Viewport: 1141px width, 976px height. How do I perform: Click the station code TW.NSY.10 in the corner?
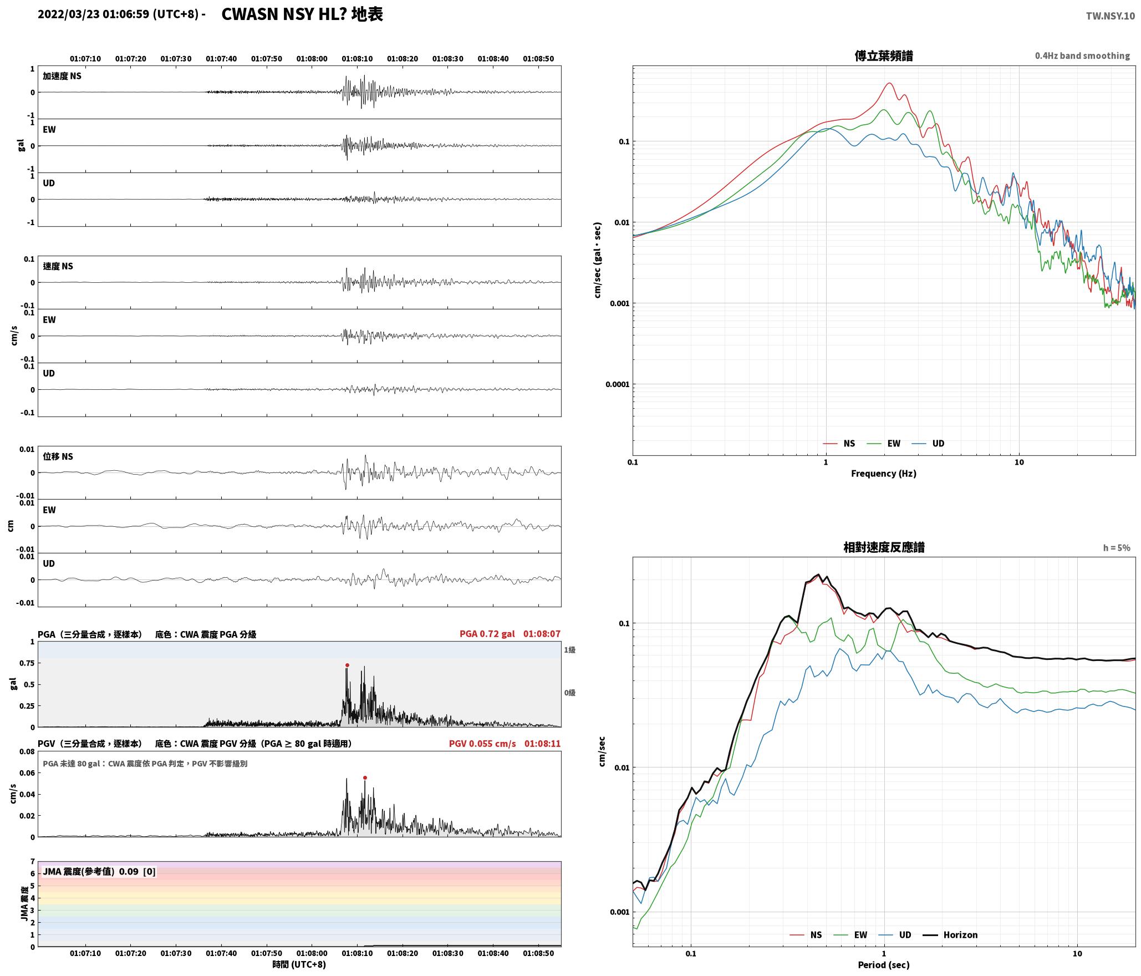pos(1110,16)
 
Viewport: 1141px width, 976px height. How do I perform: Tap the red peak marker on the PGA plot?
pos(347,665)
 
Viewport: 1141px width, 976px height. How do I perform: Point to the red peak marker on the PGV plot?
pos(365,777)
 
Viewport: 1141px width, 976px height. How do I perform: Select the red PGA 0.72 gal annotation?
pos(487,633)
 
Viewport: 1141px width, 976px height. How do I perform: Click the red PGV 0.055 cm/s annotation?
pos(482,743)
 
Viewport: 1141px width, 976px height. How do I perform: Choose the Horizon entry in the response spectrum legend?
pos(960,934)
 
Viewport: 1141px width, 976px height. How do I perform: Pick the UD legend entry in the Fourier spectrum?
pos(938,443)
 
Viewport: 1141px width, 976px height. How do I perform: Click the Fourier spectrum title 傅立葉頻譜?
pos(884,55)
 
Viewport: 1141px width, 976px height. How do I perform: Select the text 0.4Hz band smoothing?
pos(1082,55)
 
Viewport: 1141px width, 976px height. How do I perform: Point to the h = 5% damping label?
pos(1116,547)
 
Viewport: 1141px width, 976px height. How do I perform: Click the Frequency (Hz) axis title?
pos(884,473)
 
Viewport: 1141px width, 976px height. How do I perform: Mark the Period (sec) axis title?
pos(884,964)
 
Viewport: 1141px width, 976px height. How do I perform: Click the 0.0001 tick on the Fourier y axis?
pos(617,384)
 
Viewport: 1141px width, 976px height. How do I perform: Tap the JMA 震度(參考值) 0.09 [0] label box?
pos(99,871)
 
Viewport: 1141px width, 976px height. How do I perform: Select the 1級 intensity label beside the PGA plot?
pos(569,649)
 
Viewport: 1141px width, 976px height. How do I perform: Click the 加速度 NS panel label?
pos(62,76)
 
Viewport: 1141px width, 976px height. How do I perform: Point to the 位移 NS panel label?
pos(58,456)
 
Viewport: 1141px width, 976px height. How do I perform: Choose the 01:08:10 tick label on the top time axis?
pos(357,58)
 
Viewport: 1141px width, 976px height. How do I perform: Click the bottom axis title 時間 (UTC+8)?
pos(299,964)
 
